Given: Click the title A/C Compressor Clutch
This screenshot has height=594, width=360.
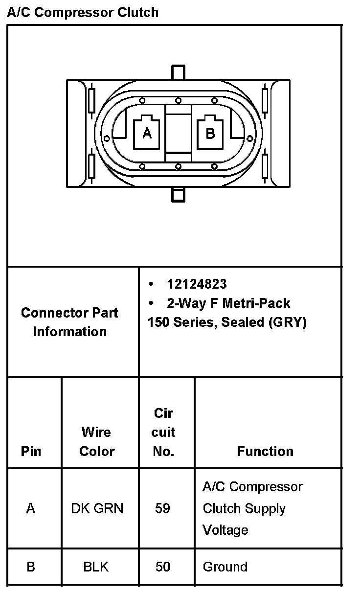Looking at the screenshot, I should (x=83, y=12).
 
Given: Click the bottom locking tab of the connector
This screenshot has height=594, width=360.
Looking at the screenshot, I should (x=179, y=194).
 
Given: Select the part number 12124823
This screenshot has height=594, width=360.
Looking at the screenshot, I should (x=197, y=284).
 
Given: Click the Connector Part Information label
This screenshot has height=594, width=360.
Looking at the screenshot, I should (x=69, y=322).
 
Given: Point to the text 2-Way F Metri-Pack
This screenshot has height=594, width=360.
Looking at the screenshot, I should (x=228, y=303).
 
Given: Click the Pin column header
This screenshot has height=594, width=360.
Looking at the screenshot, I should (x=31, y=451).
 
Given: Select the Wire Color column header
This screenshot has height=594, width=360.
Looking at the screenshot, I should (x=96, y=441).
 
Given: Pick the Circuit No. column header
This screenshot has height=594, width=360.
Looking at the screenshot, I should (x=163, y=432).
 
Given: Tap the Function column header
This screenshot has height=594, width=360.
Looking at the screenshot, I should (x=265, y=451).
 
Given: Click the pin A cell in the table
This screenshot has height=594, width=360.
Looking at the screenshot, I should (x=31, y=509).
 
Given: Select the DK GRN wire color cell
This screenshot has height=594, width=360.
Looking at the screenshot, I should (x=97, y=509).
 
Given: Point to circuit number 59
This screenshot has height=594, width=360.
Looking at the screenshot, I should (x=162, y=509).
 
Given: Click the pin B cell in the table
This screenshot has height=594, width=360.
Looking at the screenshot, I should (x=31, y=567).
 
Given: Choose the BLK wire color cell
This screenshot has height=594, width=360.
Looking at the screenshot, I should (x=96, y=567).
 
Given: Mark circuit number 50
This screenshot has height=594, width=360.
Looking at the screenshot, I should (x=162, y=567).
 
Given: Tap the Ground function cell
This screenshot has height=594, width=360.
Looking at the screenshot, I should (x=225, y=567).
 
